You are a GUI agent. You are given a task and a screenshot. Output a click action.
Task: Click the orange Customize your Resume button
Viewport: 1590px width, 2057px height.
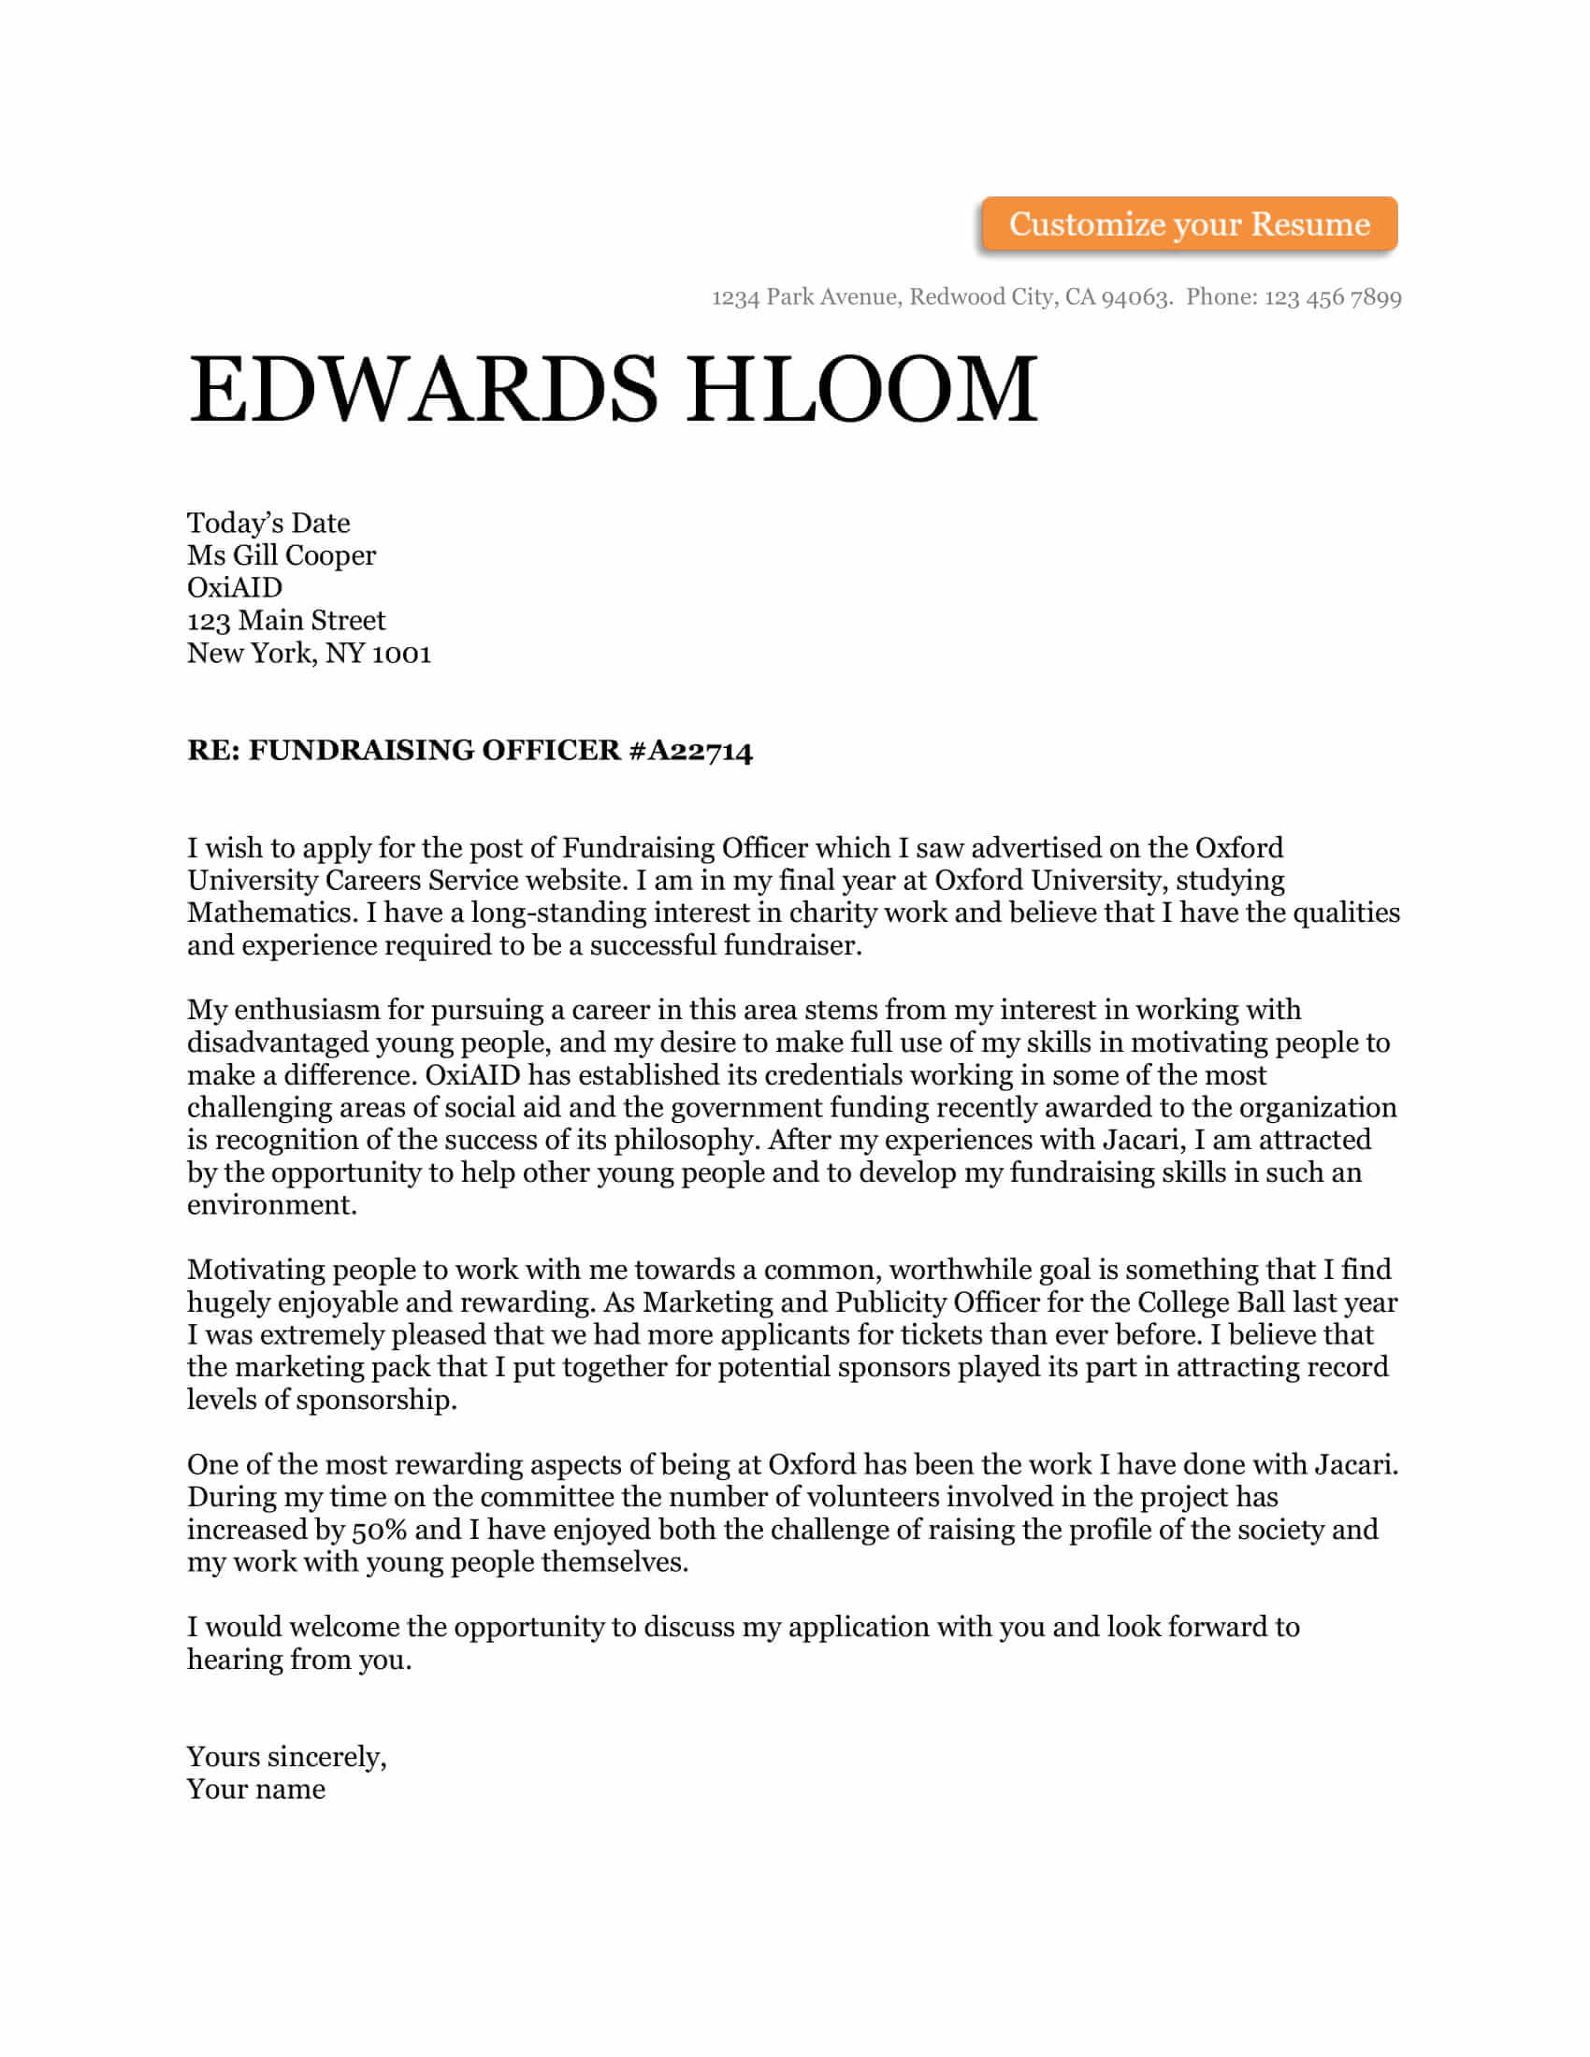pos(1189,224)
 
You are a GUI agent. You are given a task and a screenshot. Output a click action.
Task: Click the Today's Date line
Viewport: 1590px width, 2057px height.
pos(268,523)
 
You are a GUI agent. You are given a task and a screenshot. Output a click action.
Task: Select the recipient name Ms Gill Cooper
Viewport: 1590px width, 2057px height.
pos(281,555)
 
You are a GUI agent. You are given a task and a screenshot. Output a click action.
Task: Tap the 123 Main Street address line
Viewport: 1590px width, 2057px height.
pos(286,621)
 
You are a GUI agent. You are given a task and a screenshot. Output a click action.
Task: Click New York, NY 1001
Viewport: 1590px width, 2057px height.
pos(309,654)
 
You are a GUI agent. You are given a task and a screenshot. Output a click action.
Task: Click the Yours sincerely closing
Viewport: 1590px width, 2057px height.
pos(286,1758)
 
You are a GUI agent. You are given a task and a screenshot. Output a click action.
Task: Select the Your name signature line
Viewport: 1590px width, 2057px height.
pos(256,1790)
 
